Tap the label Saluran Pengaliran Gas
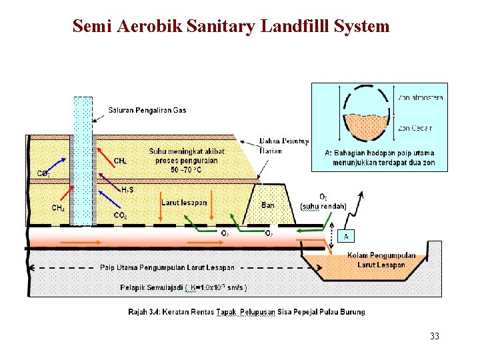[147, 110]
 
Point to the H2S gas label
[127, 190]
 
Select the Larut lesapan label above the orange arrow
[184, 202]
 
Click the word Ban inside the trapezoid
[267, 205]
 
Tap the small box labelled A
[345, 236]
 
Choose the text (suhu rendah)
[323, 206]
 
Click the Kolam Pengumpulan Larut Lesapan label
[381, 260]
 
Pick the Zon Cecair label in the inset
[415, 128]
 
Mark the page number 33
[435, 336]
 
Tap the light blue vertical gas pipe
[83, 160]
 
